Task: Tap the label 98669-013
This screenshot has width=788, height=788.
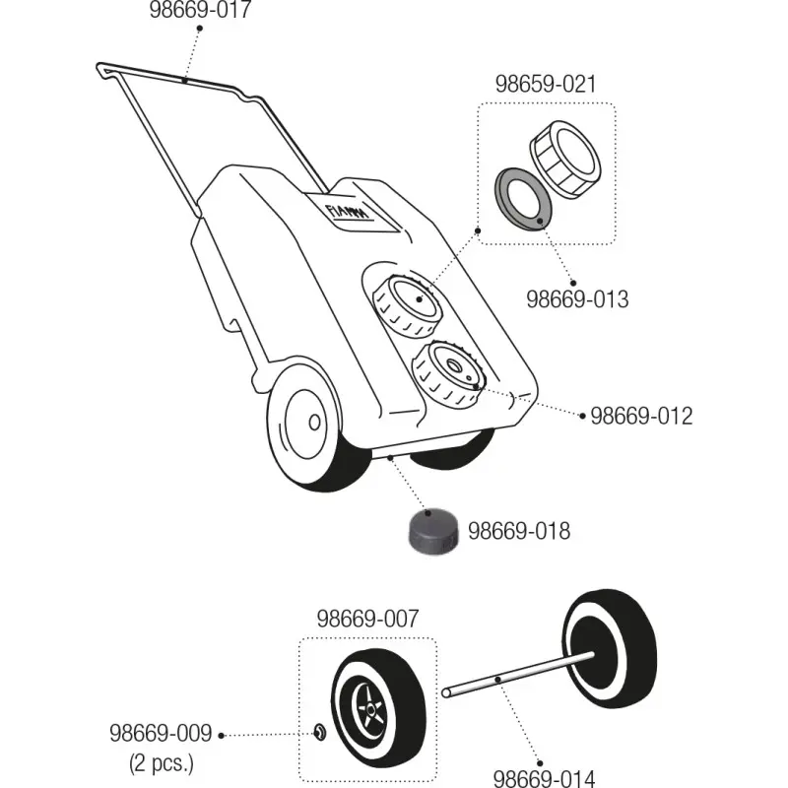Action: coord(576,298)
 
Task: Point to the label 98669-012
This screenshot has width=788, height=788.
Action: coord(641,416)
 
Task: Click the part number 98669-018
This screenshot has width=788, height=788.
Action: coord(518,532)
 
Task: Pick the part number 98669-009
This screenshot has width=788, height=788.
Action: coord(160,734)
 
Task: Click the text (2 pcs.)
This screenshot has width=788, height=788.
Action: coord(162,761)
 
